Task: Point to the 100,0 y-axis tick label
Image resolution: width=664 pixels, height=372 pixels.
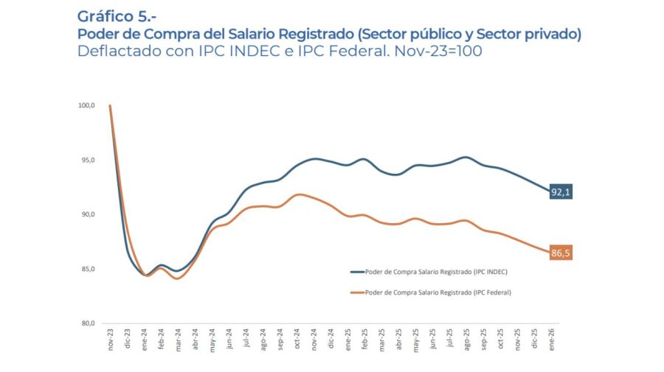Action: click(x=86, y=105)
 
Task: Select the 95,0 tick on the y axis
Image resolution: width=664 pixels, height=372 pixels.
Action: click(x=87, y=160)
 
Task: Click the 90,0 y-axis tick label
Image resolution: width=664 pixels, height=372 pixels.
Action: click(x=87, y=214)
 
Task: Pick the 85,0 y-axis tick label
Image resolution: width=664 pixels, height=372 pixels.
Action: click(x=87, y=269)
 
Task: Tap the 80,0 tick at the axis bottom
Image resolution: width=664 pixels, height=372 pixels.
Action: click(x=87, y=323)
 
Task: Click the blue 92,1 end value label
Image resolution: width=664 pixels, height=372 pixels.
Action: click(x=561, y=192)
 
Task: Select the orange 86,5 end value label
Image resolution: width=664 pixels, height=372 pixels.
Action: click(x=561, y=253)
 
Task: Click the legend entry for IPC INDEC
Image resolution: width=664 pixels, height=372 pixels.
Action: click(x=429, y=272)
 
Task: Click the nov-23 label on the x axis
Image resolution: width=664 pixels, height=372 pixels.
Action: click(x=111, y=340)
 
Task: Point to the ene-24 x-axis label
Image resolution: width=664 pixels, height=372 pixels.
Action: click(x=145, y=340)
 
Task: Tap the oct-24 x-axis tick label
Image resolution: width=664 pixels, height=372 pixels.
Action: click(x=298, y=340)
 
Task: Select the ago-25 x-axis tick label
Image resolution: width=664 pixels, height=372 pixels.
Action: click(x=466, y=340)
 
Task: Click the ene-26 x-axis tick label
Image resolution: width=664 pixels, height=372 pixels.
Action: click(x=552, y=340)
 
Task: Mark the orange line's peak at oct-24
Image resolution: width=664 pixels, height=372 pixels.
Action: click(x=298, y=194)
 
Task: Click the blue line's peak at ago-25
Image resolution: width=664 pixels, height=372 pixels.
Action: click(x=465, y=157)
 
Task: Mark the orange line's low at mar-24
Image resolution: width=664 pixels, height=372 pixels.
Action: click(x=178, y=278)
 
